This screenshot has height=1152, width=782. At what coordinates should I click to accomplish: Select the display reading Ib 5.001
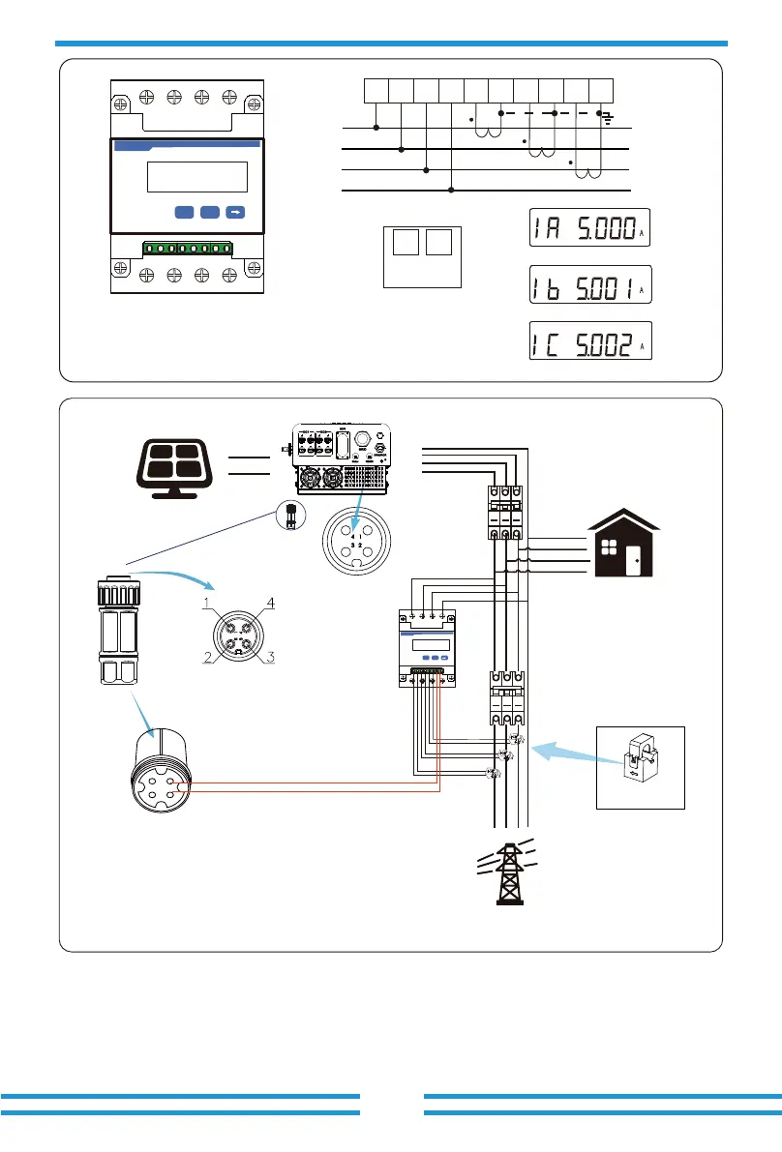(x=589, y=285)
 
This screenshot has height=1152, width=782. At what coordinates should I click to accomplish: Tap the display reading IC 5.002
(x=589, y=342)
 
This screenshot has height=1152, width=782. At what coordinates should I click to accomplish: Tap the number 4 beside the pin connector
(x=271, y=604)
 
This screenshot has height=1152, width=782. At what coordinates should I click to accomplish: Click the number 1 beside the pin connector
(x=207, y=604)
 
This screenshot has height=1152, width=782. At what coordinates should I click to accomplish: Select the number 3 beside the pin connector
(x=272, y=658)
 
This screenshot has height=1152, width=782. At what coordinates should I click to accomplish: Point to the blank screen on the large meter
(x=196, y=177)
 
